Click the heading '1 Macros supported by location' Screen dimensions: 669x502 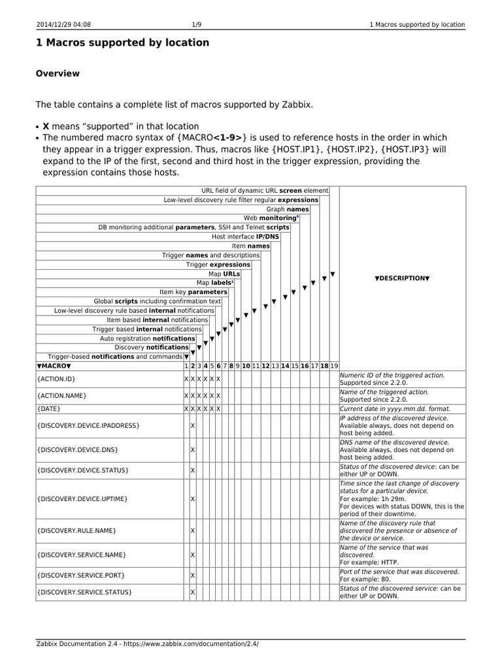pos(122,42)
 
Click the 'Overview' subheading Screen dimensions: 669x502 pos(58,73)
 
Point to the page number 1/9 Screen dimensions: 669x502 pos(197,25)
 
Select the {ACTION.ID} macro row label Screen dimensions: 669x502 pos(57,379)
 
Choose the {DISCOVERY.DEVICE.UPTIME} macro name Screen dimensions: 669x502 pos(82,498)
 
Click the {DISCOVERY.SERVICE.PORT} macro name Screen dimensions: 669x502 pos(81,575)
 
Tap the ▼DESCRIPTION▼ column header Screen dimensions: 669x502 pos(402,278)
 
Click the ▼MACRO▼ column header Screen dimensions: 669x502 pos(54,366)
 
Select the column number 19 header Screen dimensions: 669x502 pos(334,366)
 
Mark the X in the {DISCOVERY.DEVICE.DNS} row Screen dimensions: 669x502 pos(192,450)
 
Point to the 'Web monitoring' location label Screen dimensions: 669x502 pos(271,218)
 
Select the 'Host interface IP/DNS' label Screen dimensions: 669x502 pos(246,237)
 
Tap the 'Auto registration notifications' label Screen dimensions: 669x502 pos(147,338)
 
